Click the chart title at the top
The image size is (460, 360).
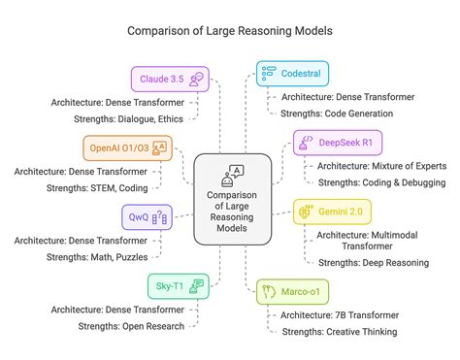[230, 29]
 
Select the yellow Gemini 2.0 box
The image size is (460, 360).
[330, 212]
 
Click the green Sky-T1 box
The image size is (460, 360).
[176, 284]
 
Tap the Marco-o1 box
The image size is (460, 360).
[290, 287]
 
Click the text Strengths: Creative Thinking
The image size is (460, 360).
[338, 332]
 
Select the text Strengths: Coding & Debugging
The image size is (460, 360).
[381, 182]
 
